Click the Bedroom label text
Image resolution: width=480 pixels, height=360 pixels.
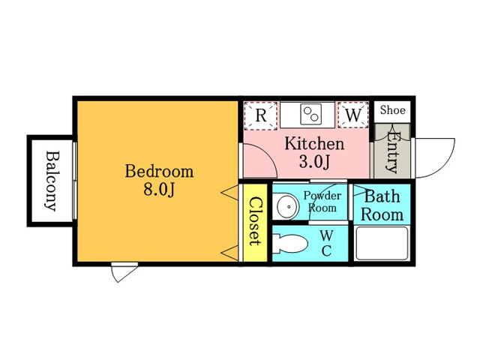tap(159, 172)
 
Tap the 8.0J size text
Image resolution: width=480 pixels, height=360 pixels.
tap(159, 190)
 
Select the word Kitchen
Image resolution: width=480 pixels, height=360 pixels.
tap(314, 143)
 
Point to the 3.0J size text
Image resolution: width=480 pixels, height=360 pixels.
tap(314, 162)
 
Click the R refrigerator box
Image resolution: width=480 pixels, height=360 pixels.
tap(260, 115)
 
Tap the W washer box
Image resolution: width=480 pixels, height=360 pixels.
tap(353, 115)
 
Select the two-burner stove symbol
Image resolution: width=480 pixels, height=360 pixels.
tap(311, 114)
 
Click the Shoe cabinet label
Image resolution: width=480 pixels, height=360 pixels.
tap(393, 110)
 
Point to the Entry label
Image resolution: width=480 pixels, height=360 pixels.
tap(393, 152)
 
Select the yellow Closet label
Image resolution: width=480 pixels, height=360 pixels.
tap(256, 221)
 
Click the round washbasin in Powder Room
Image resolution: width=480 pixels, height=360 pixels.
tap(288, 206)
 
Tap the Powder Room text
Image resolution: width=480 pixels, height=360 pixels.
tap(322, 202)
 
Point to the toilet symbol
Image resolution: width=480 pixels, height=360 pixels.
tap(290, 244)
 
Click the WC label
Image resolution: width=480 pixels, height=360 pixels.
tap(327, 243)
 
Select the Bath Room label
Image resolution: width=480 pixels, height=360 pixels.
tap(382, 205)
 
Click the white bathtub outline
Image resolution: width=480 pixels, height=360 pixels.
tap(382, 243)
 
